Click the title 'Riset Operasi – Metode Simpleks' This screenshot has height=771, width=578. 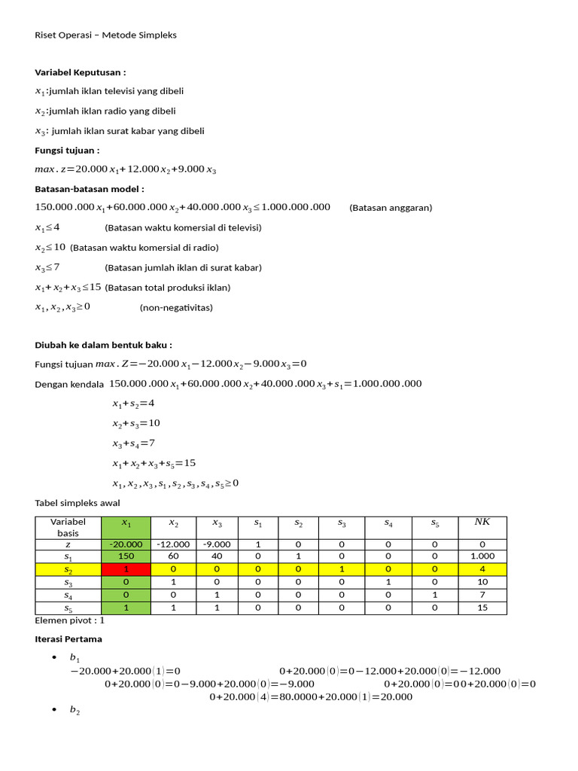[x=106, y=35]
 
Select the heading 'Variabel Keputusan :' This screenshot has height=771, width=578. [x=81, y=72]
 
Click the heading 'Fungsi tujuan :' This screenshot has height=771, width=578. [x=68, y=151]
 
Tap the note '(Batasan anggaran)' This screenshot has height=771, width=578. [x=391, y=208]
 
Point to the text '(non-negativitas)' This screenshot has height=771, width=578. [x=176, y=307]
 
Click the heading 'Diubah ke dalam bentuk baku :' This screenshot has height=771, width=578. [x=104, y=345]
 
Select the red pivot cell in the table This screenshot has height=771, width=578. [x=126, y=570]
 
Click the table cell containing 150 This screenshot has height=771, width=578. [x=126, y=556]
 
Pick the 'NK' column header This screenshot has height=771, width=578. [x=482, y=522]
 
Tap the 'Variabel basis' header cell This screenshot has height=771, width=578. [x=68, y=527]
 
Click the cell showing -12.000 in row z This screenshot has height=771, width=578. [x=173, y=544]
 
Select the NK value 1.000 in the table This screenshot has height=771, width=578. [x=482, y=556]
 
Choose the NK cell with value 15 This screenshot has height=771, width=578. [x=482, y=608]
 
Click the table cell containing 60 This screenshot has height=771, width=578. [x=173, y=556]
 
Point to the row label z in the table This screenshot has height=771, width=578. [x=68, y=544]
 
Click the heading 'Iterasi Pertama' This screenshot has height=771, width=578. [x=68, y=638]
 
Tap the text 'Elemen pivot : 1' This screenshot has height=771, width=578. [x=71, y=621]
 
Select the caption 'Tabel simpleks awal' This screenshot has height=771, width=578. [x=78, y=503]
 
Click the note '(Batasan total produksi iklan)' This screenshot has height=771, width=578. [x=168, y=287]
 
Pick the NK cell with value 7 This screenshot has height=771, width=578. [x=482, y=595]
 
